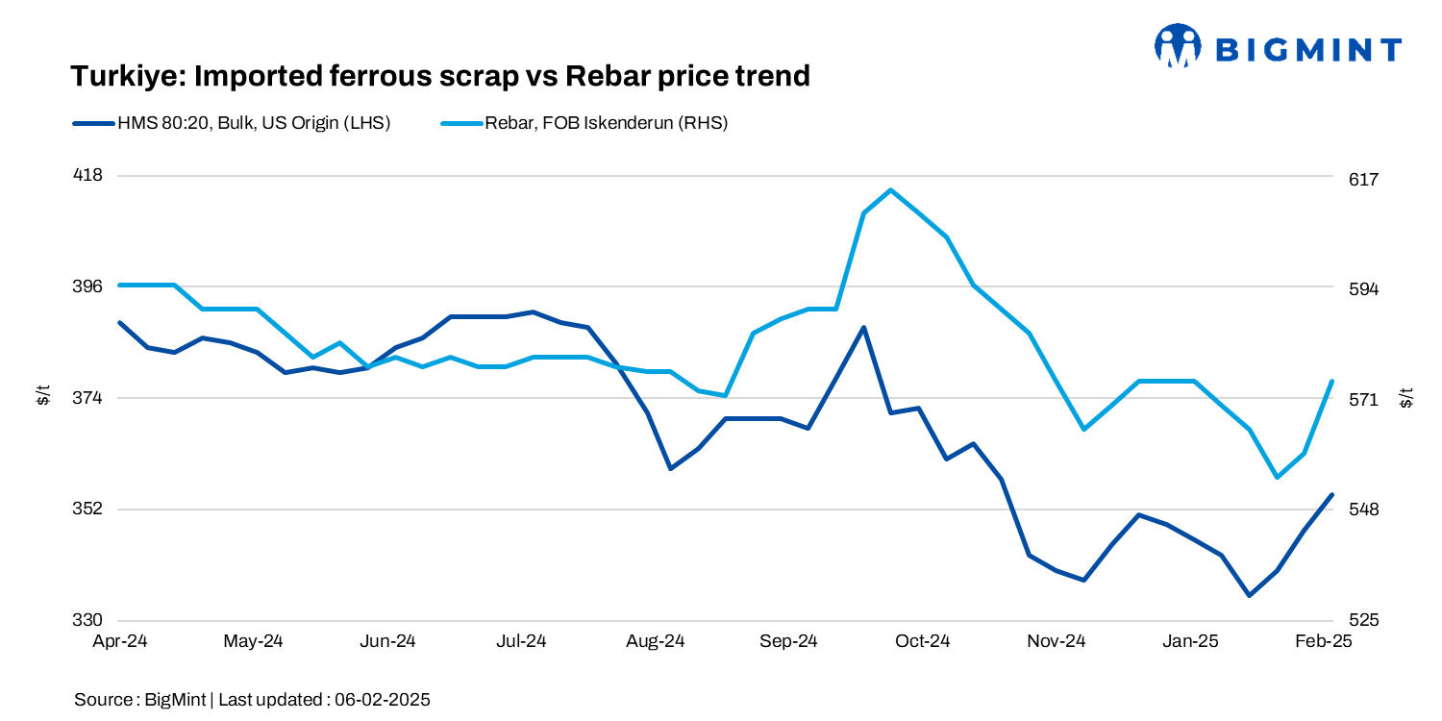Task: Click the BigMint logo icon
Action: [1178, 45]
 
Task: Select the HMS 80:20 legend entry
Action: [231, 123]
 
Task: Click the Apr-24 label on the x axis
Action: [119, 641]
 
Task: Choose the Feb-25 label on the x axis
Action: [1324, 641]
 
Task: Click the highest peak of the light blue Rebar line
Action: [891, 189]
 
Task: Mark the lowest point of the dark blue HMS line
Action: [1249, 596]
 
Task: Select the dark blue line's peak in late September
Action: [864, 327]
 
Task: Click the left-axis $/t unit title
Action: [43, 395]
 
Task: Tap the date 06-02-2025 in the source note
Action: [382, 700]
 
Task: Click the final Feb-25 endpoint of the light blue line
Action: [1331, 382]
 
